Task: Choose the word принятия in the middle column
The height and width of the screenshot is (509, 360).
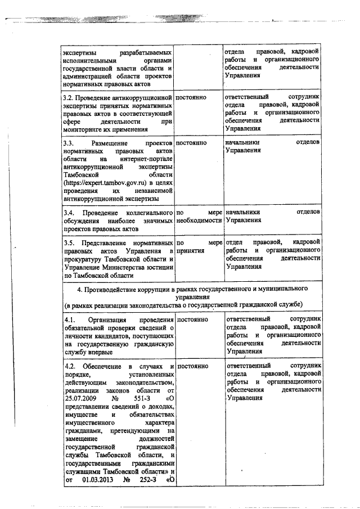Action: [190, 251]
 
